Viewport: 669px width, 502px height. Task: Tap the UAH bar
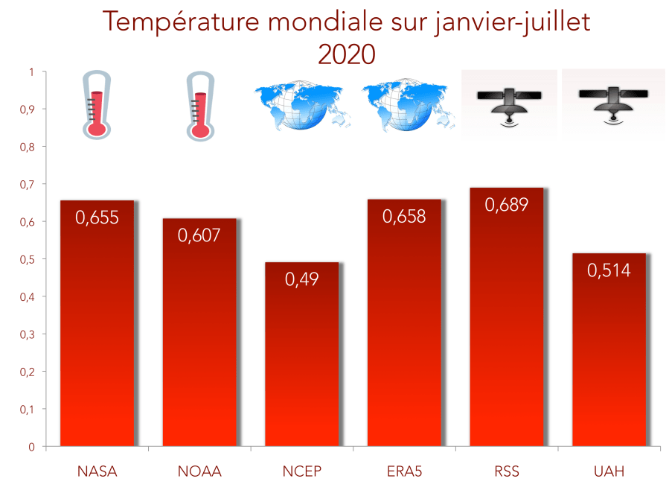pyautogui.click(x=609, y=350)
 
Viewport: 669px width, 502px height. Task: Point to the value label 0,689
pyautogui.click(x=506, y=205)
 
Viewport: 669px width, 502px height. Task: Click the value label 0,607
pyautogui.click(x=199, y=235)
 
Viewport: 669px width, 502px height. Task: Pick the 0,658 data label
pyautogui.click(x=404, y=216)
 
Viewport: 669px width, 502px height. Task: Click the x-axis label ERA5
pyautogui.click(x=404, y=471)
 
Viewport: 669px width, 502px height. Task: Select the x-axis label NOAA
pyautogui.click(x=199, y=471)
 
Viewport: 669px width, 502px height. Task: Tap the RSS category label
pyautogui.click(x=506, y=471)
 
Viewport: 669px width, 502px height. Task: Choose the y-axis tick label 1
pyautogui.click(x=31, y=72)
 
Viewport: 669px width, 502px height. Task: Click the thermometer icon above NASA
pyautogui.click(x=96, y=105)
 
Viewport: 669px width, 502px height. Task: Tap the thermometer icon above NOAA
pyautogui.click(x=199, y=105)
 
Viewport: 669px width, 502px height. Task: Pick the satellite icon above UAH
pyautogui.click(x=612, y=103)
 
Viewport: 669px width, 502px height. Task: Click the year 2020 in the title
pyautogui.click(x=346, y=54)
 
